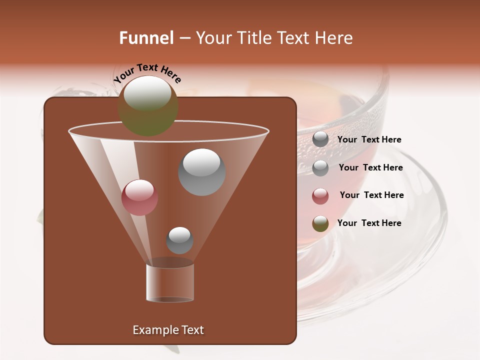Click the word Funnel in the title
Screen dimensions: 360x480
click(x=146, y=38)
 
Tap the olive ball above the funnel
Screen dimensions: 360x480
click(x=148, y=105)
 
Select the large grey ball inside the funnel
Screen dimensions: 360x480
click(x=202, y=172)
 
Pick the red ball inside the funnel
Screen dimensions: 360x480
click(x=139, y=197)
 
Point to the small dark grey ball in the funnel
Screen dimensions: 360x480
click(x=179, y=240)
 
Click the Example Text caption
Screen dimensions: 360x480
click(x=168, y=330)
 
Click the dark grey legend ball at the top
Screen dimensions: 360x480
click(x=320, y=139)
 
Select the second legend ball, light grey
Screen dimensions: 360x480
click(x=320, y=168)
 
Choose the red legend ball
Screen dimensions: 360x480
click(x=320, y=196)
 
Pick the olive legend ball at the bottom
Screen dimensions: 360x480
click(x=320, y=223)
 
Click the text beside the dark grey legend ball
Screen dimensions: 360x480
click(x=369, y=140)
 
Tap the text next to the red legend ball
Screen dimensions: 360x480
click(x=371, y=195)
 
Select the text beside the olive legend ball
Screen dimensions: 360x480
click(x=369, y=223)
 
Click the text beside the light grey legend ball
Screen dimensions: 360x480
click(x=370, y=167)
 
